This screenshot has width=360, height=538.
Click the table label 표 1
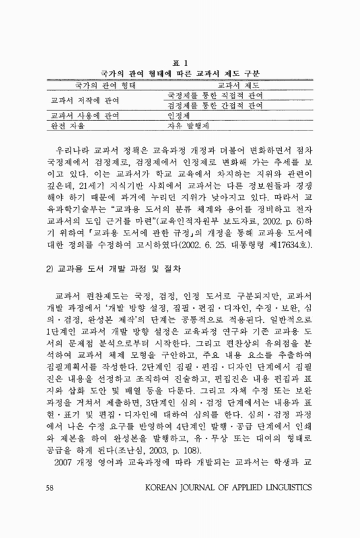pos(180,63)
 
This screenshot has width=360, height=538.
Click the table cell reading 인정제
pos(180,116)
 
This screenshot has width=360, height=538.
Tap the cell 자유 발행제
pos(190,126)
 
